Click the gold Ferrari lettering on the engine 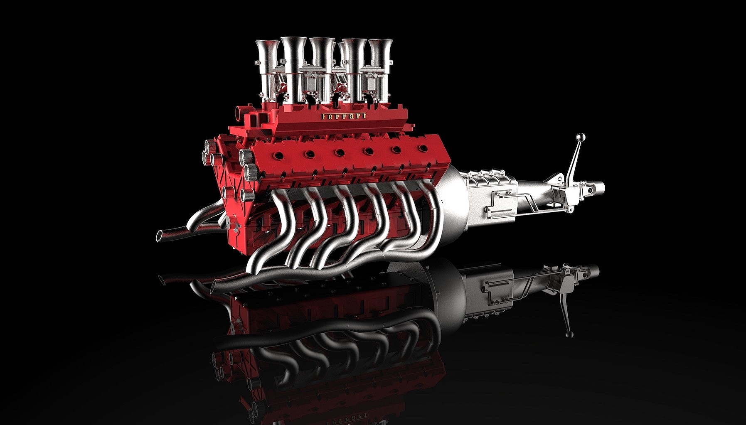click(x=343, y=116)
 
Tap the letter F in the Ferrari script click(x=324, y=117)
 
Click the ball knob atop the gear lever click(x=581, y=138)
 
